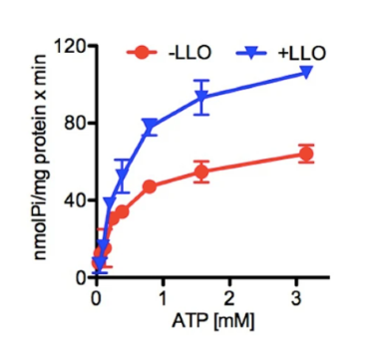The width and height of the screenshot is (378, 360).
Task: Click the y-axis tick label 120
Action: [68, 47]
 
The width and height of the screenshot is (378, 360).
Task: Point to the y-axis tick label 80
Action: [72, 124]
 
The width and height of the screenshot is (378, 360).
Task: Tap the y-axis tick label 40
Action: [72, 199]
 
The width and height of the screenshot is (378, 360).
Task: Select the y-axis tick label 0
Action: [77, 276]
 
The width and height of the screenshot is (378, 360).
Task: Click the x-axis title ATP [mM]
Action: [196, 321]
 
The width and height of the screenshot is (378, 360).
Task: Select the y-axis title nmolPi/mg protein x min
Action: [41, 163]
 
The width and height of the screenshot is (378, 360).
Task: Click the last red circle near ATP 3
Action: [306, 154]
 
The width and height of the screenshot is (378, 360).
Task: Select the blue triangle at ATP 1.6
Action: [202, 98]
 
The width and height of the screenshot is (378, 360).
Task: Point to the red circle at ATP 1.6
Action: [202, 172]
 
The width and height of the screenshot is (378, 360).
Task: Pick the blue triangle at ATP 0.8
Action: [150, 126]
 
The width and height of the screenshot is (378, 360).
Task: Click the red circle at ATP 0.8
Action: [150, 186]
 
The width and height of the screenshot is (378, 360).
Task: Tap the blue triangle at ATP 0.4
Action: [123, 179]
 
